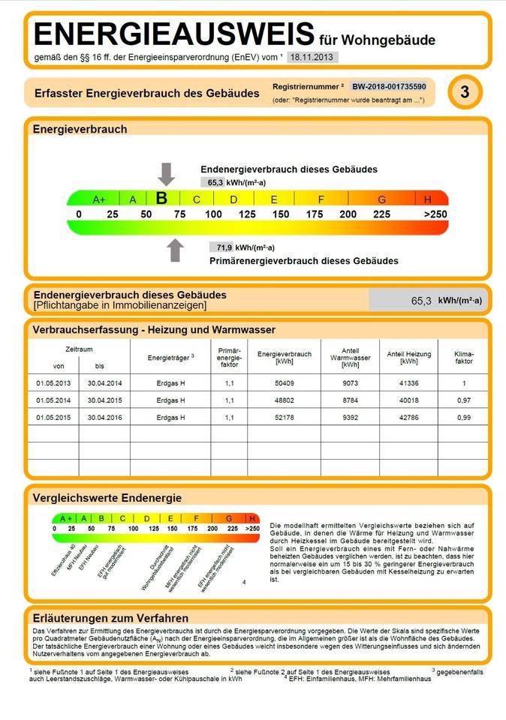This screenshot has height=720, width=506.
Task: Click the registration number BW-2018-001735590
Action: (390, 87)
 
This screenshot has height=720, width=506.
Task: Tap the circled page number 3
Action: (465, 93)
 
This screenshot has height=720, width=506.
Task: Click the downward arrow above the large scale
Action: (167, 173)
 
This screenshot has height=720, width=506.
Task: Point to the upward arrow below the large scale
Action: (176, 250)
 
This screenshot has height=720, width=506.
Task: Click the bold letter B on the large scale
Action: (161, 199)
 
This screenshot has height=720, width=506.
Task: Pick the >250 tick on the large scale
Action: (435, 214)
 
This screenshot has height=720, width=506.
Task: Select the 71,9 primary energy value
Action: (224, 247)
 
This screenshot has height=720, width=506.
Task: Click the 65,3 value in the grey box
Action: (421, 300)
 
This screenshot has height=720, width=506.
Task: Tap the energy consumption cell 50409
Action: (284, 383)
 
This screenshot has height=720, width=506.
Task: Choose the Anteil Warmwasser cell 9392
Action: (351, 417)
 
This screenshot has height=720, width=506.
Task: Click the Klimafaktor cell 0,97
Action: (464, 400)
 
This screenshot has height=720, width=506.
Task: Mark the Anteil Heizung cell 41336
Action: (409, 383)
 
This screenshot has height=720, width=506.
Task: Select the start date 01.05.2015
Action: (53, 417)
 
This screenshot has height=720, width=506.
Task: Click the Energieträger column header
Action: (170, 358)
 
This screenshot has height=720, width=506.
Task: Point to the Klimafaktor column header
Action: (464, 357)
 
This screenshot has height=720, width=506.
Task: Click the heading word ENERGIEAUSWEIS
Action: (174, 34)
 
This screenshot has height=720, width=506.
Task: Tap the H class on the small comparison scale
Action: (252, 518)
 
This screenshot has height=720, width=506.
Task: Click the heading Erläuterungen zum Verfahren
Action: (110, 618)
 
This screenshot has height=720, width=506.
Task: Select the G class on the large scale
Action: (381, 199)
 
